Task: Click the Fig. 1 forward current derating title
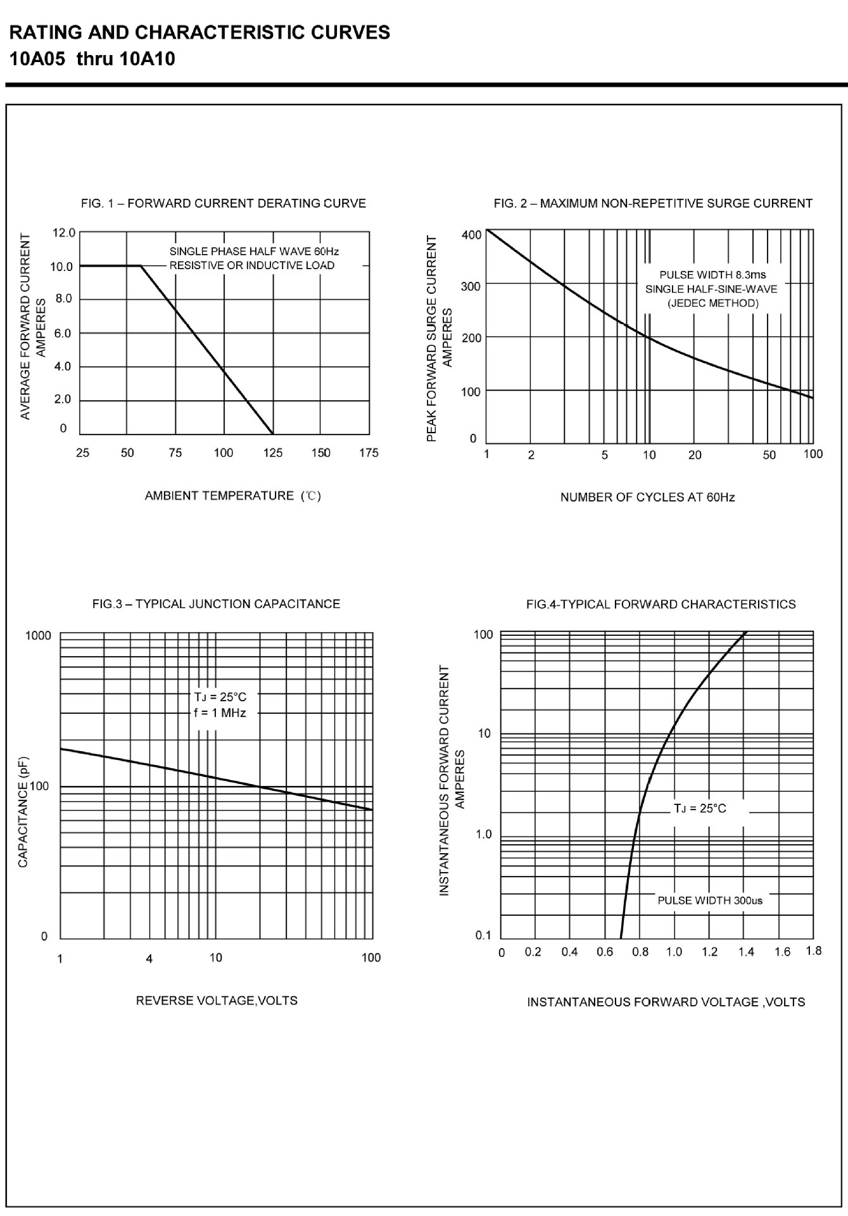click(224, 203)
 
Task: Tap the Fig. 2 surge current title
click(653, 203)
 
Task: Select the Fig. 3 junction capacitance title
click(216, 604)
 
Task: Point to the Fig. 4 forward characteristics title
click(661, 604)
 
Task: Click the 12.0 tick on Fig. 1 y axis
click(63, 233)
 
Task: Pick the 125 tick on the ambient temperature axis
click(273, 453)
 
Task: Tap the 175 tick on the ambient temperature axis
click(369, 453)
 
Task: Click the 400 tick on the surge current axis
click(471, 235)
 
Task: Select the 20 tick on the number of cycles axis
click(695, 455)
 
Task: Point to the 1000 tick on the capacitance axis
click(38, 635)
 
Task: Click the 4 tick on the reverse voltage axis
click(149, 958)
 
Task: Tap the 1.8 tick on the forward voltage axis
click(814, 951)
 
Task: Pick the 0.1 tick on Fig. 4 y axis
click(483, 935)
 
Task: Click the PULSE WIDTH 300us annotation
click(710, 900)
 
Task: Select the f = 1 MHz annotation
click(220, 712)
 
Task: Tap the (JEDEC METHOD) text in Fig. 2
click(712, 303)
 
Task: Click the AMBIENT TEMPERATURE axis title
click(232, 496)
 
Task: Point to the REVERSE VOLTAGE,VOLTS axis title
click(217, 1001)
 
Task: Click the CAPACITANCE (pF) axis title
click(23, 811)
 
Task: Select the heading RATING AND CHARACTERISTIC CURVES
click(199, 32)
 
